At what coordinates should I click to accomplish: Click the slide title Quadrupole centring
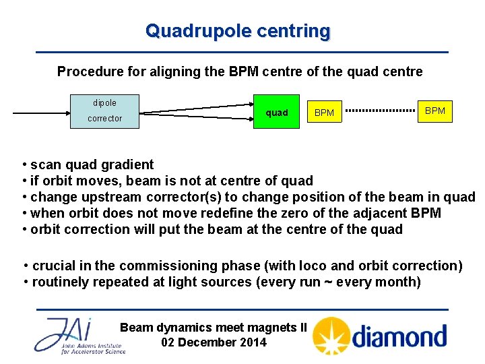pyautogui.click(x=238, y=31)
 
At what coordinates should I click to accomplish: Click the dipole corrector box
pyautogui.click(x=105, y=111)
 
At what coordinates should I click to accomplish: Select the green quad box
pyautogui.click(x=276, y=113)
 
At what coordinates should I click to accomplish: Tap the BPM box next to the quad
pyautogui.click(x=324, y=113)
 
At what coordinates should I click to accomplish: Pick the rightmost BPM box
pyautogui.click(x=435, y=111)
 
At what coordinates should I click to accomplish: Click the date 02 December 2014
pyautogui.click(x=214, y=342)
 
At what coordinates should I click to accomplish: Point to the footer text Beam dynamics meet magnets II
pyautogui.click(x=213, y=328)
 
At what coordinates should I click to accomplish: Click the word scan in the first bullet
pyautogui.click(x=46, y=164)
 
